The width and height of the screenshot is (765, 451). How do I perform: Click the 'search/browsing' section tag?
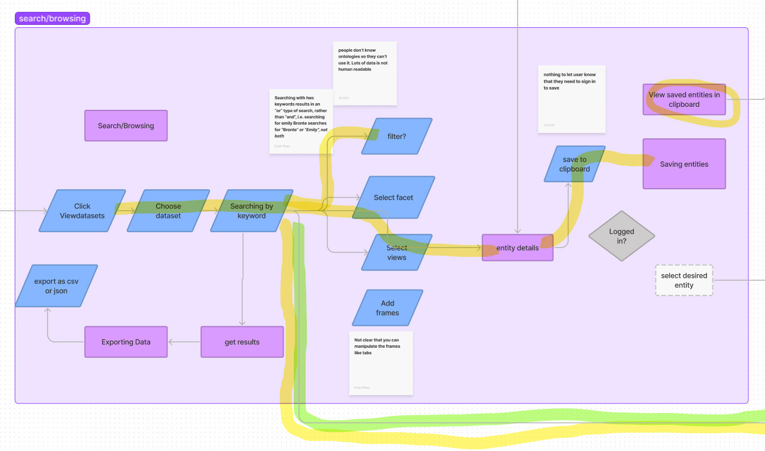(52, 18)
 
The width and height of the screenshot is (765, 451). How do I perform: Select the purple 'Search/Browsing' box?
(126, 126)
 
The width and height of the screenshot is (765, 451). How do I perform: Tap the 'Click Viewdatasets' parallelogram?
(82, 211)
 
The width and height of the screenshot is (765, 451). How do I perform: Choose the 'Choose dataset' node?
(169, 211)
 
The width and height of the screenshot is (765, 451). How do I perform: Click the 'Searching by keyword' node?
(252, 211)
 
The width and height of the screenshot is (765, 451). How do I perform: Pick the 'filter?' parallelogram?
(396, 136)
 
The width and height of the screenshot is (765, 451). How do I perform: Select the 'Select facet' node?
(393, 198)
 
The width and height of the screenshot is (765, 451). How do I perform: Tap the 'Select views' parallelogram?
(397, 253)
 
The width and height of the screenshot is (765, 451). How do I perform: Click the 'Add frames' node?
(388, 308)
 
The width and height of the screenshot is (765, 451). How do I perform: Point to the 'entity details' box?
(518, 247)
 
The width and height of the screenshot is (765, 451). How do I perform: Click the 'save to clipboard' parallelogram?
(574, 164)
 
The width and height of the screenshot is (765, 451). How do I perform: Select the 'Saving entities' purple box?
(684, 164)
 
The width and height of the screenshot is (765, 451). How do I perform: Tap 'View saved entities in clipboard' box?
(684, 99)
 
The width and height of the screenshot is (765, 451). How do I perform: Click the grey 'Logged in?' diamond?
(621, 236)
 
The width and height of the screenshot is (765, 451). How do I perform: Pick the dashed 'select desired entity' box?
(684, 280)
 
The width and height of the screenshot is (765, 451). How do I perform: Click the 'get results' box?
(242, 342)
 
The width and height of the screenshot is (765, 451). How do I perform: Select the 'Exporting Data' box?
(126, 342)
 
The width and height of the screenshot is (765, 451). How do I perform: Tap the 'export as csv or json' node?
(56, 286)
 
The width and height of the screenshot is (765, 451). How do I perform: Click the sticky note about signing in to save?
(572, 99)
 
